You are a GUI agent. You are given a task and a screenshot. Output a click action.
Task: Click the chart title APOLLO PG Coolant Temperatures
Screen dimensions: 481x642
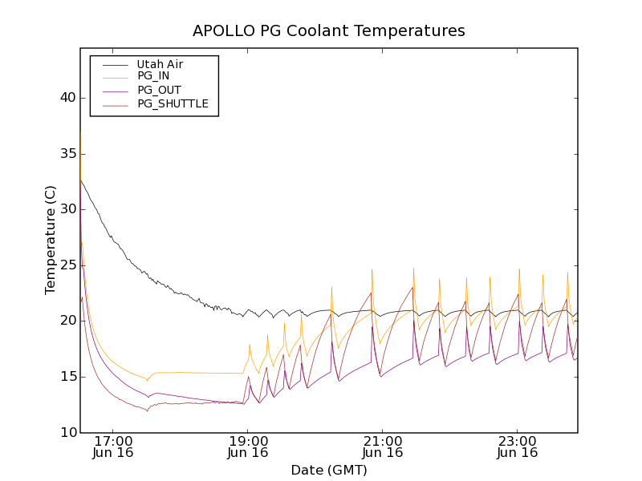[328, 31]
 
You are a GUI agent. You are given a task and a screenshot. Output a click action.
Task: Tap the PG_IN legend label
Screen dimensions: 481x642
[153, 76]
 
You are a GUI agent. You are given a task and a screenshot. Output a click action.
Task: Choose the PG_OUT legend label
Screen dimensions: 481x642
[159, 90]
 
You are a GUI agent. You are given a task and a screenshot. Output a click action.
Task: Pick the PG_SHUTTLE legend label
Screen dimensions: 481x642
[173, 103]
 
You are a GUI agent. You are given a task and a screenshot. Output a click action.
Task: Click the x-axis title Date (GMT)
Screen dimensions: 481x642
[328, 471]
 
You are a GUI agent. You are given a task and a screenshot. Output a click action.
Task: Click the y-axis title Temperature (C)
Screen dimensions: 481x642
[51, 240]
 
